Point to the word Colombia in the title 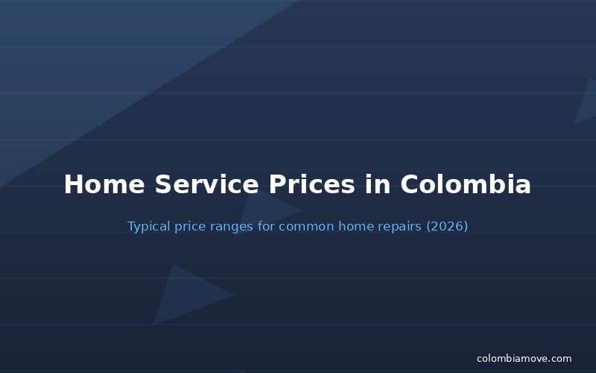465,184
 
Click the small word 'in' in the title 377,184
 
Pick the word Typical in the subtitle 149,226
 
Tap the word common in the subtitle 305,226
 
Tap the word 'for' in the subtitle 267,226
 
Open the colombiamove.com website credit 524,359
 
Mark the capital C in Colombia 410,184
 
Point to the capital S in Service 163,184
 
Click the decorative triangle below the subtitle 183,296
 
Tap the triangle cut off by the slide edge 587,104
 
